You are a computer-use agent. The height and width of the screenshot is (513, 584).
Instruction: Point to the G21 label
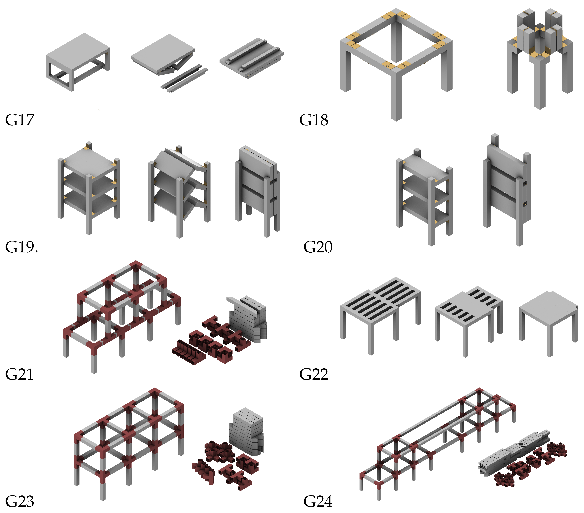pyautogui.click(x=20, y=374)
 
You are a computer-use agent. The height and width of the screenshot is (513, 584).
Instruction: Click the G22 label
pyautogui.click(x=314, y=374)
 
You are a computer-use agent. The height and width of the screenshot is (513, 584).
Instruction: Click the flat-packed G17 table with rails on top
pyautogui.click(x=251, y=59)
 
